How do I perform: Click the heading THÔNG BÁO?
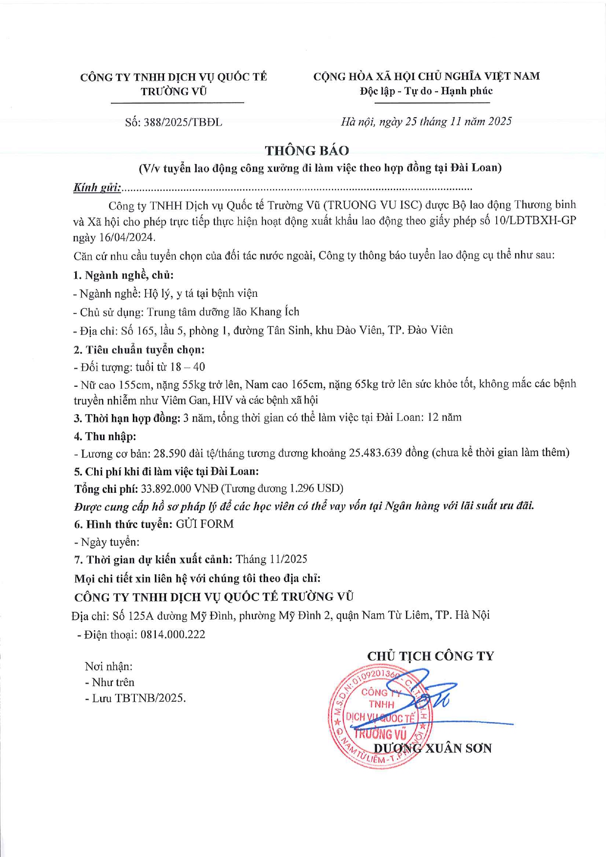point(307,150)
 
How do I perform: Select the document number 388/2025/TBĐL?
point(183,123)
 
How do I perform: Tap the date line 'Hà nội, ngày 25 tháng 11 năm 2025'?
point(426,122)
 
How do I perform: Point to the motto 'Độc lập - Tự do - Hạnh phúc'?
point(426,91)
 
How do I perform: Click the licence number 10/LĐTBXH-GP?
point(535,221)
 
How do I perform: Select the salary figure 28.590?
point(169,453)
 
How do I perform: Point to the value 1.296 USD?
point(315,489)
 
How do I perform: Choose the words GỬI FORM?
point(205,524)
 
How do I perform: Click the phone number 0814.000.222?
point(173,634)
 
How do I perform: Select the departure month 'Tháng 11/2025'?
point(272,559)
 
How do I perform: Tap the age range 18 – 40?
point(188,367)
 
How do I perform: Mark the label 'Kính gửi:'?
point(97,188)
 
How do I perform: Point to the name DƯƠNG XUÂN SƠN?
point(432,748)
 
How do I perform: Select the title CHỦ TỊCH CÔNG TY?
point(430,656)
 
